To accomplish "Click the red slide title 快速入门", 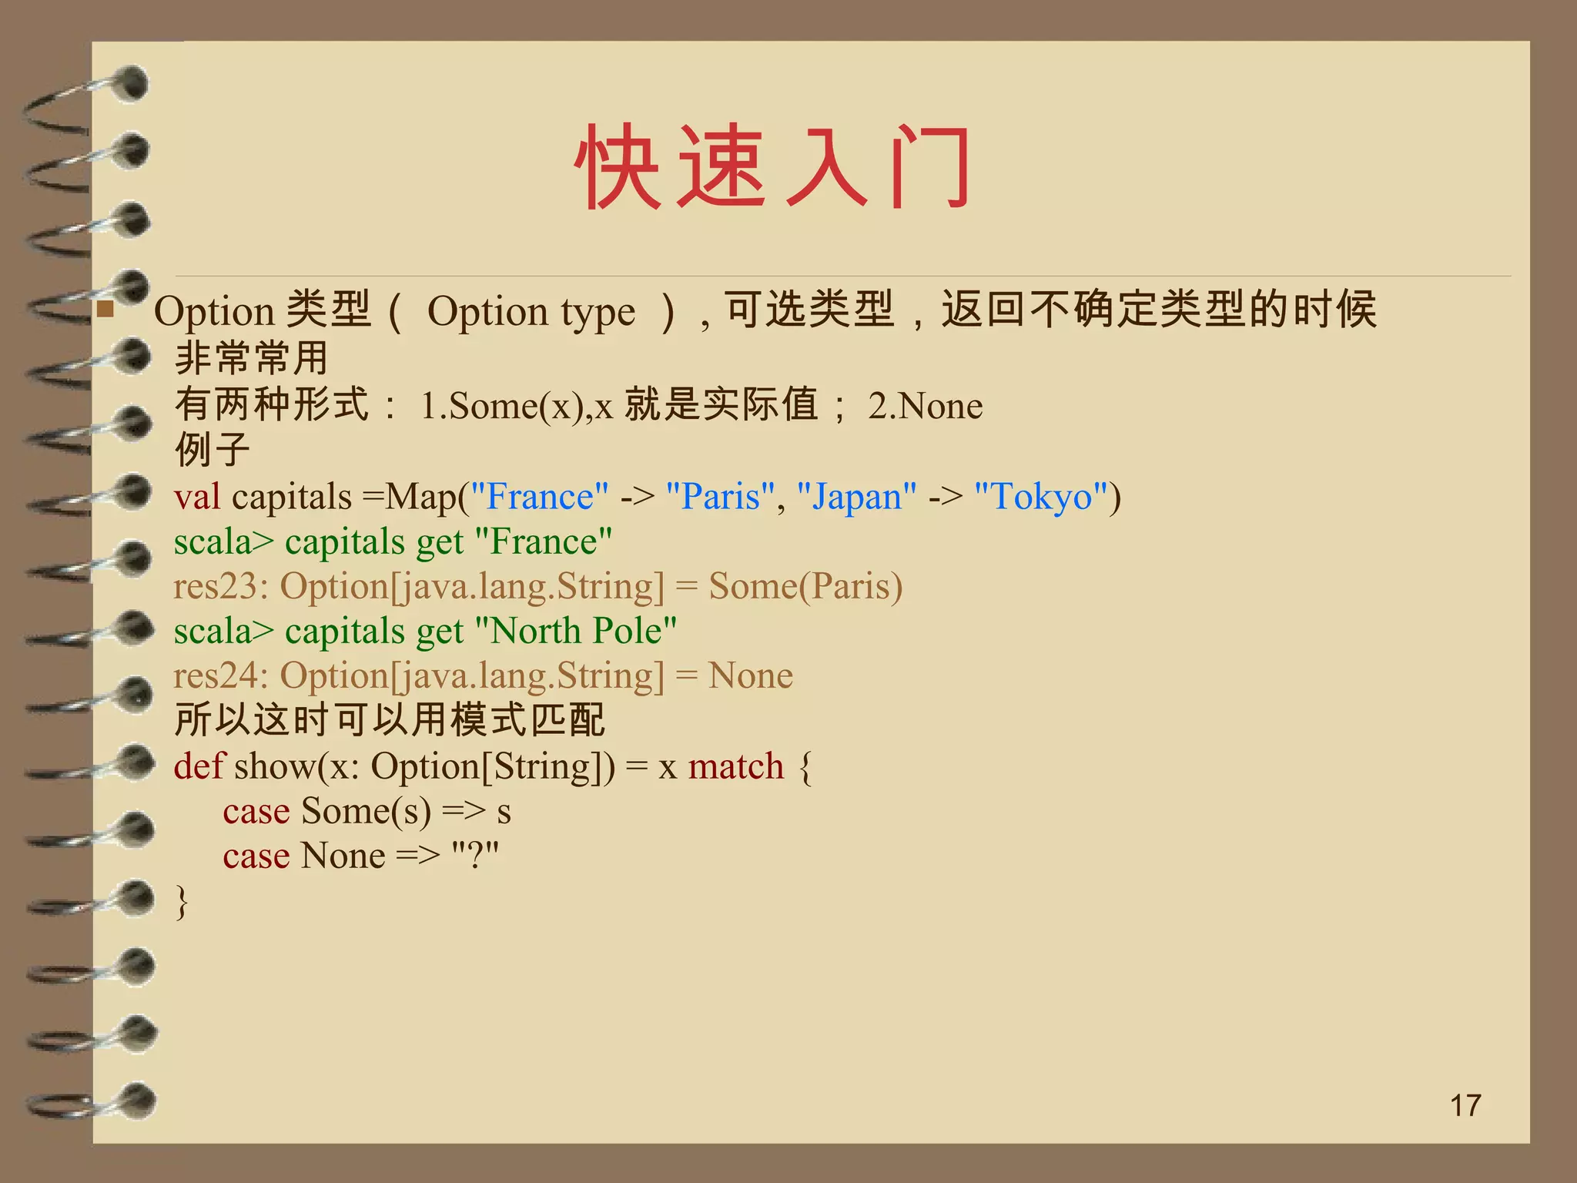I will point(773,167).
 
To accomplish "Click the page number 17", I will point(1465,1105).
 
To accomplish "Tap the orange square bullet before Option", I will point(106,311).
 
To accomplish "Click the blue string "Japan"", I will point(856,497).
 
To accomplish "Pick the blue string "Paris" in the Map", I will point(720,497).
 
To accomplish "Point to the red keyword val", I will point(197,497).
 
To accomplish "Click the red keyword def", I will point(199,766).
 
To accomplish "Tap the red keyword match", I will point(735,766).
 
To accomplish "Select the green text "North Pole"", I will point(576,631).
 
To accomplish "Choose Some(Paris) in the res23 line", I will point(805,586).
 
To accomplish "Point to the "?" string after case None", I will point(475,855).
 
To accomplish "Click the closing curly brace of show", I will point(182,901).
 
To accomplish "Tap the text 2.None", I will point(925,406).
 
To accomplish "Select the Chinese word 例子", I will point(213,450).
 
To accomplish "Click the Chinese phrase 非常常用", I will point(252,358).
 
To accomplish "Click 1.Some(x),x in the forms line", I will point(516,406).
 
